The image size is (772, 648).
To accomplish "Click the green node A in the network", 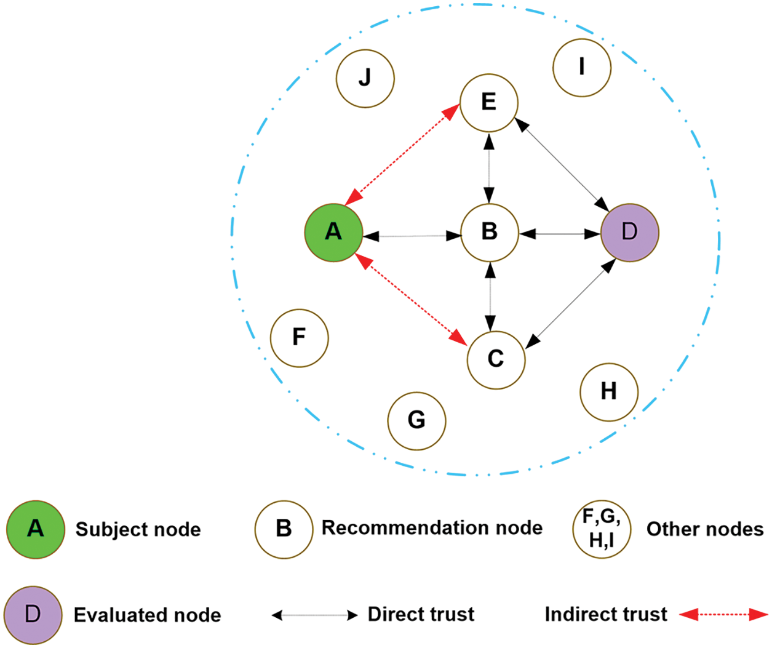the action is (333, 233).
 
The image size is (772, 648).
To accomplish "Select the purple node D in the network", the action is (630, 233).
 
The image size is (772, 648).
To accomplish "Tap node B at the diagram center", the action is (490, 233).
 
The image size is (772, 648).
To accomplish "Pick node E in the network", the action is (489, 103).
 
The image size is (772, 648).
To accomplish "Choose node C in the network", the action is (496, 360).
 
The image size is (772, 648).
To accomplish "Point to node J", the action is (365, 78).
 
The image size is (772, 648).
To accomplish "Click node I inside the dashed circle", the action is (582, 68).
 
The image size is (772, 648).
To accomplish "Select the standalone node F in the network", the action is (300, 338).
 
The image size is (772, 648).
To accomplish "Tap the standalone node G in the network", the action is (416, 421).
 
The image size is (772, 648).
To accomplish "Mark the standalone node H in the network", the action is (609, 392).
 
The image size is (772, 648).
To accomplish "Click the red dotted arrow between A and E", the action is (402, 154).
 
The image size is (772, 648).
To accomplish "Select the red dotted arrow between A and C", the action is (410, 300).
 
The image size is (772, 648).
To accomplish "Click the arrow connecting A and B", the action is (412, 236).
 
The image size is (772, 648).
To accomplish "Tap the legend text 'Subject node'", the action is (138, 529).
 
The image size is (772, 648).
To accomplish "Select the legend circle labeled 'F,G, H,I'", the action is (602, 529).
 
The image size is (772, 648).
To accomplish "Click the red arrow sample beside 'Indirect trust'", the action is (723, 614).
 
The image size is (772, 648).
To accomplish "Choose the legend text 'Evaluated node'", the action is (148, 615).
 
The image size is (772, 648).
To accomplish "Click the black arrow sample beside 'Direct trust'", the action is (314, 615).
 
